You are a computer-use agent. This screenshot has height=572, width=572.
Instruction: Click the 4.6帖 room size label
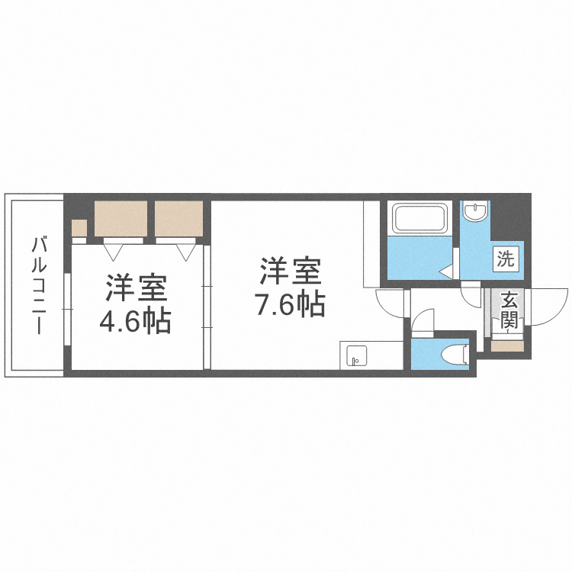click(x=134, y=322)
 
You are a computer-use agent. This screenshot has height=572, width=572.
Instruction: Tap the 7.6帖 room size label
click(x=290, y=304)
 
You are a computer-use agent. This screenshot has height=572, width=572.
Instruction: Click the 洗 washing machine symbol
click(x=506, y=258)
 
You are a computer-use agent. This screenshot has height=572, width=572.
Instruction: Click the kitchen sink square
click(x=355, y=355)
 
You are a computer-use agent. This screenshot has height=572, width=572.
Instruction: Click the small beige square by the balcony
click(x=79, y=227)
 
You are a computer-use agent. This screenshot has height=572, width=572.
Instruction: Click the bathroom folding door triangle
click(x=447, y=269)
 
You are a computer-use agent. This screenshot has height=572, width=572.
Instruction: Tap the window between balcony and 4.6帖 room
click(x=67, y=309)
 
